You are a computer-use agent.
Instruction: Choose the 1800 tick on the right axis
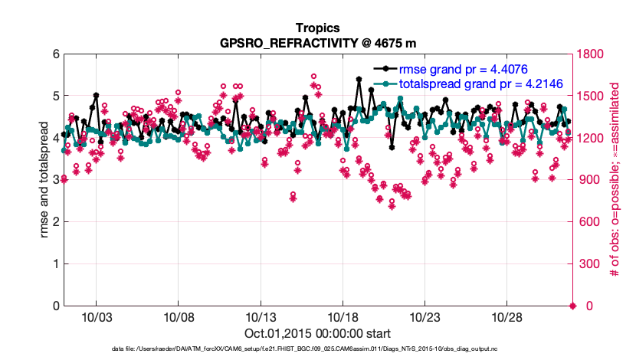pos(592,54)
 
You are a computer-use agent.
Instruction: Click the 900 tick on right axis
pos(588,180)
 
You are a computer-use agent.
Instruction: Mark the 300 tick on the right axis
pos(588,264)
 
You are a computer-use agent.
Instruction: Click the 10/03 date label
pos(96,317)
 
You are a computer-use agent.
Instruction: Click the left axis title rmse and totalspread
pos(44,180)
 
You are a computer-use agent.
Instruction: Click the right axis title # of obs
pos(614,180)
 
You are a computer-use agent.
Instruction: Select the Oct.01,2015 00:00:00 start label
pos(318,333)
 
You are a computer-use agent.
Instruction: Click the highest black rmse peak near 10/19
pos(359,78)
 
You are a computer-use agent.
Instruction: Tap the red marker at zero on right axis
pos(572,306)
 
